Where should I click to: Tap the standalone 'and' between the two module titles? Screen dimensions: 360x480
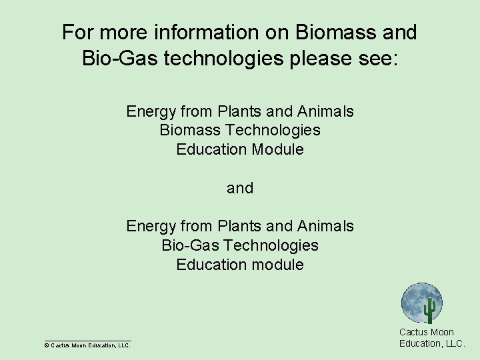(240, 188)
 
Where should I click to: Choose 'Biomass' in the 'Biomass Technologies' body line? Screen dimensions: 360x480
(188, 130)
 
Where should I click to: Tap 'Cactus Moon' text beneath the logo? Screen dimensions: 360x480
(426, 332)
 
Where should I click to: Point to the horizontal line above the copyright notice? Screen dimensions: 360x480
(87, 340)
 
